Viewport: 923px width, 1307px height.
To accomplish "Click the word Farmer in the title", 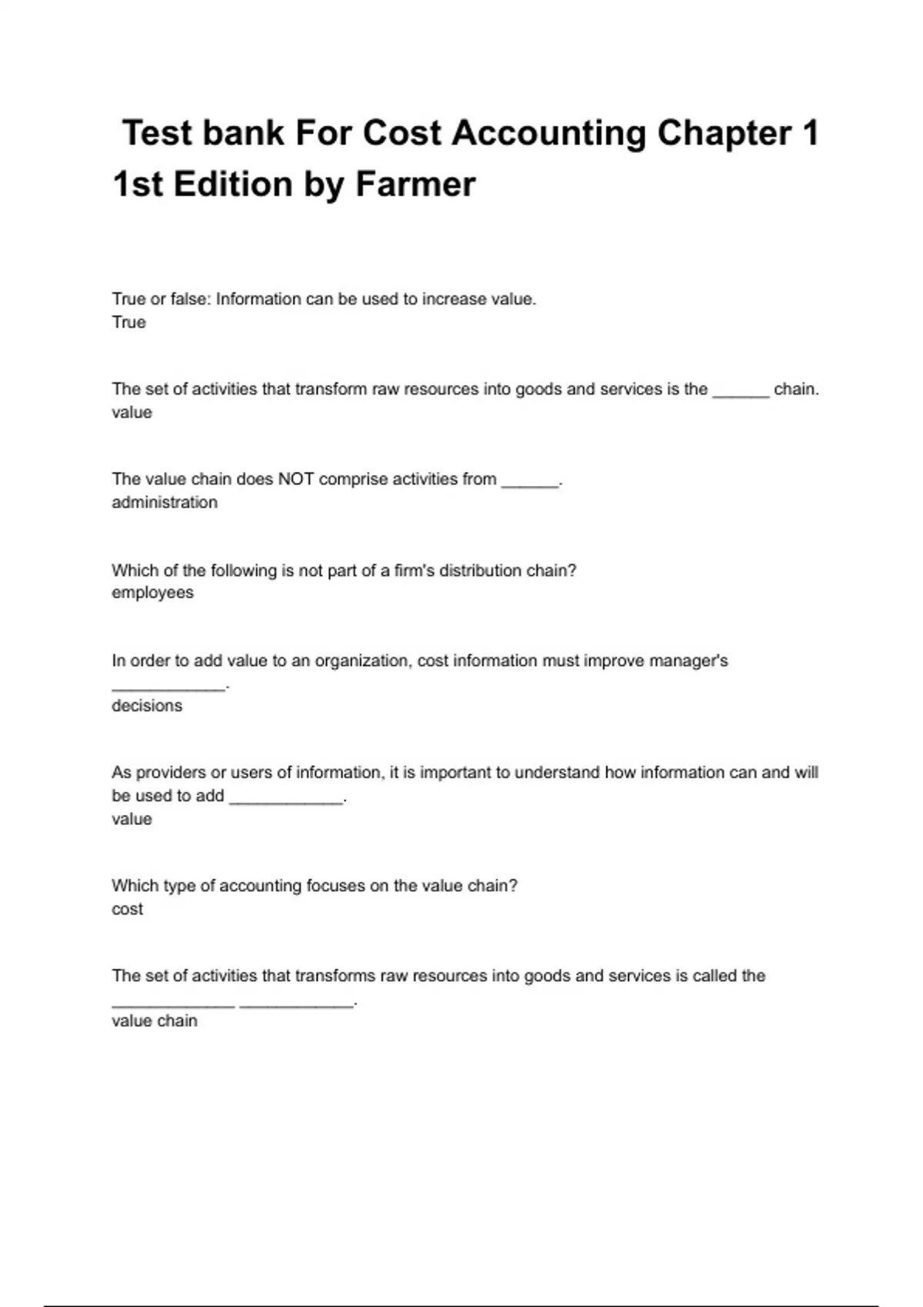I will click(x=415, y=185).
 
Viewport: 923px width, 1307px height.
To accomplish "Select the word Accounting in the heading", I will click(x=548, y=133).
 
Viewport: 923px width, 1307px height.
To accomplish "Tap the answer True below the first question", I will click(x=128, y=322).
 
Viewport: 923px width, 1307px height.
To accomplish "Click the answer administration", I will click(x=165, y=502).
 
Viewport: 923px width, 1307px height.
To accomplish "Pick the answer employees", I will click(x=152, y=593).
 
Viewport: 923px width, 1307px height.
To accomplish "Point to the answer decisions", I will click(x=147, y=706).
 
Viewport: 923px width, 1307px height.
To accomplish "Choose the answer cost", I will click(x=127, y=909).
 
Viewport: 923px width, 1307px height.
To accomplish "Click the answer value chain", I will click(x=155, y=1021).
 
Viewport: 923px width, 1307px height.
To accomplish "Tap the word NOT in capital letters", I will click(x=295, y=479).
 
